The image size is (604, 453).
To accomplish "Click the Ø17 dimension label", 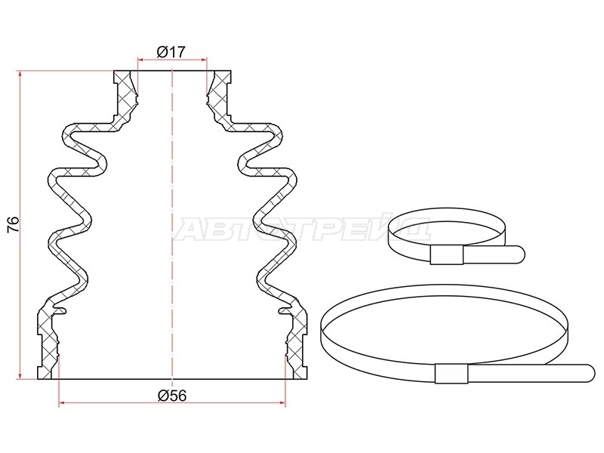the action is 171,51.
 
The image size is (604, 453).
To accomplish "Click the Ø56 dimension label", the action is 172,396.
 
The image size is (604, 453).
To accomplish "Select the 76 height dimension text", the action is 13,223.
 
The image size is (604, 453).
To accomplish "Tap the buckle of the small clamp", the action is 446,255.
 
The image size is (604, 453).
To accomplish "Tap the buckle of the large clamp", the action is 451,373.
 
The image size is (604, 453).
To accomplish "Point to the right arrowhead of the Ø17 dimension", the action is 204,60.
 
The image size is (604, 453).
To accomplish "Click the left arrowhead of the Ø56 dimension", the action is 62,403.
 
